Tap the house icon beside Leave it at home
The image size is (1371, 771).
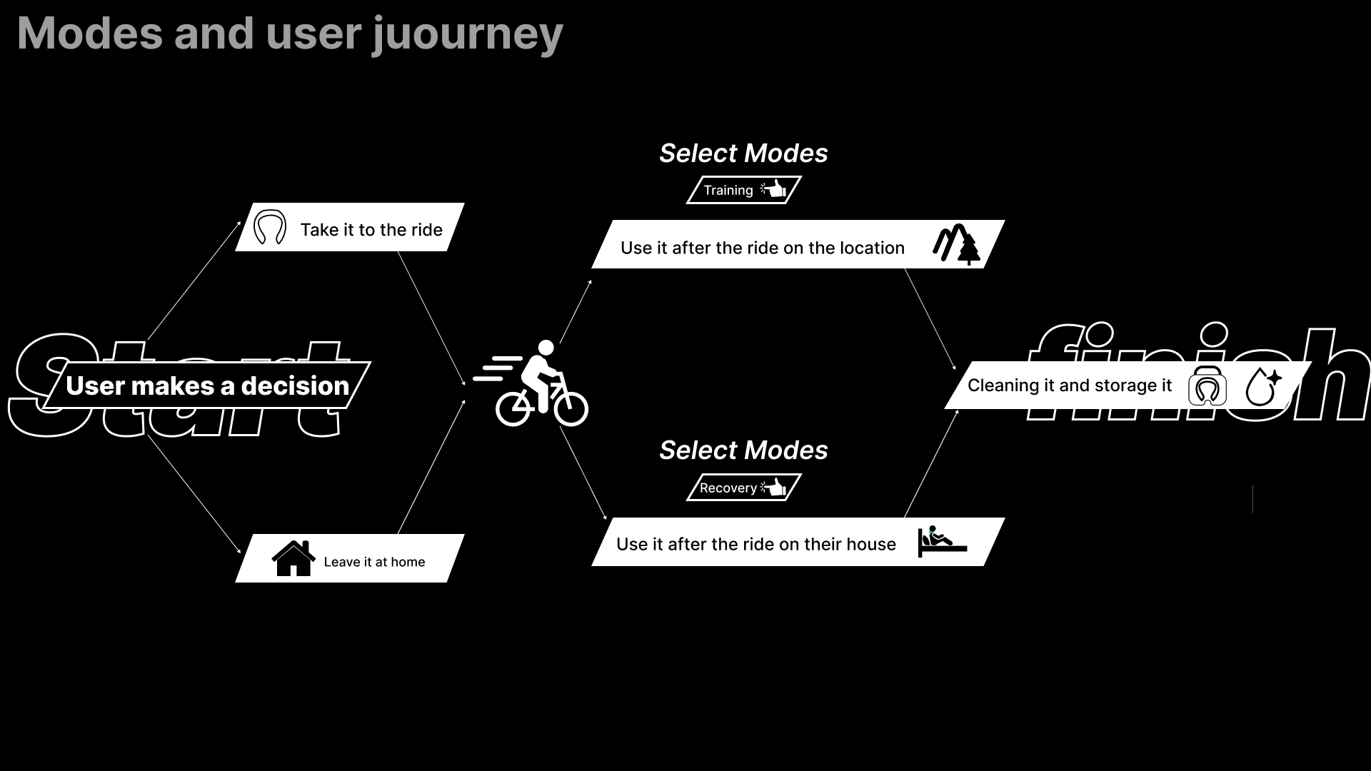pyautogui.click(x=293, y=558)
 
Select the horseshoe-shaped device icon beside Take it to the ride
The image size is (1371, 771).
pyautogui.click(x=270, y=228)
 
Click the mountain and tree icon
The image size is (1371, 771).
pyautogui.click(x=956, y=244)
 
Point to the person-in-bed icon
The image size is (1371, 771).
pyautogui.click(x=942, y=541)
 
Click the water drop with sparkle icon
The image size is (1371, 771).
pyautogui.click(x=1262, y=386)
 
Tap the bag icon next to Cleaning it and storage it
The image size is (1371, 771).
pyautogui.click(x=1207, y=386)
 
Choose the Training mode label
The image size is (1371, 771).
pyautogui.click(x=728, y=190)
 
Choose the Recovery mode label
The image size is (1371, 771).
pyautogui.click(x=728, y=488)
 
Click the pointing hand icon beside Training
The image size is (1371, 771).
pyautogui.click(x=774, y=189)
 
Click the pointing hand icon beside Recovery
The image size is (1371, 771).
pyautogui.click(x=774, y=488)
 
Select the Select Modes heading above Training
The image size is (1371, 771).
pyautogui.click(x=743, y=153)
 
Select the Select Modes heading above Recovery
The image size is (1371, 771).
pyautogui.click(x=743, y=450)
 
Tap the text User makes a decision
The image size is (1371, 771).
pyautogui.click(x=207, y=385)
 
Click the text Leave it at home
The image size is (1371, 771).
pyautogui.click(x=374, y=562)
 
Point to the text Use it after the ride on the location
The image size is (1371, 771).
pyautogui.click(x=762, y=248)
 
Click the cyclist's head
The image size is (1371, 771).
pyautogui.click(x=546, y=348)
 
